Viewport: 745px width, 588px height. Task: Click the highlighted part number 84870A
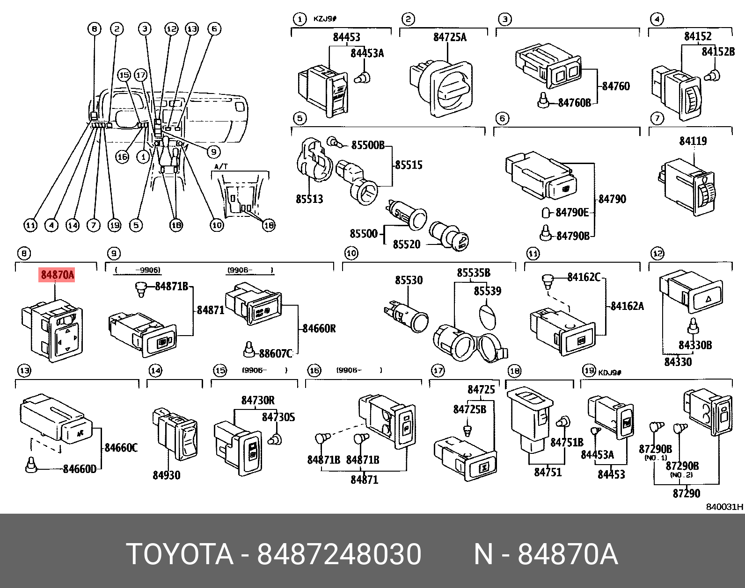click(x=57, y=275)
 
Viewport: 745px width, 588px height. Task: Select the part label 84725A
click(x=449, y=37)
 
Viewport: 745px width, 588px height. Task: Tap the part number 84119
click(x=693, y=141)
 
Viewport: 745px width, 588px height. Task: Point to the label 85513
click(x=309, y=200)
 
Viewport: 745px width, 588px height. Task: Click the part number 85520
click(x=406, y=244)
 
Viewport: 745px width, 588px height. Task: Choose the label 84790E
click(x=572, y=213)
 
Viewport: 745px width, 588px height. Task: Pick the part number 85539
click(x=487, y=291)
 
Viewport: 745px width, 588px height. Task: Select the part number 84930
click(x=166, y=475)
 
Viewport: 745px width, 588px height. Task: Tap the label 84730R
click(x=258, y=401)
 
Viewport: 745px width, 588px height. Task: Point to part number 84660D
click(x=80, y=468)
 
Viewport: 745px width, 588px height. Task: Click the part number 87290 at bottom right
click(x=687, y=493)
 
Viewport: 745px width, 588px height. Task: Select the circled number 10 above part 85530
click(x=351, y=254)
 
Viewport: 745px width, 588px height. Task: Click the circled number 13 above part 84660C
click(x=24, y=371)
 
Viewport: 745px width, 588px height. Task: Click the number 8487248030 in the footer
click(x=339, y=555)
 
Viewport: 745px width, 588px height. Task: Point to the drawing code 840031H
click(x=724, y=507)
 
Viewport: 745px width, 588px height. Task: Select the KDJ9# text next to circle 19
click(x=609, y=372)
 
